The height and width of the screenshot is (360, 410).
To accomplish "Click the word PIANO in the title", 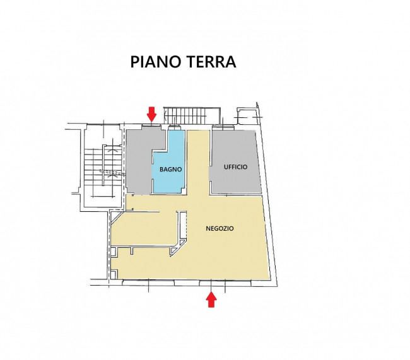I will [x=155, y=62].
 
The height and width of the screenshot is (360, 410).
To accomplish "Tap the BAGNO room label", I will [x=171, y=170].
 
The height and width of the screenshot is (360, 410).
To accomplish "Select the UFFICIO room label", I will [x=236, y=167].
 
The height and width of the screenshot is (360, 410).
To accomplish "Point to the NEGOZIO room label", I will [x=220, y=229].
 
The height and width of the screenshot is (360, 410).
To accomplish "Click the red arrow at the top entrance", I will [x=151, y=113].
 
